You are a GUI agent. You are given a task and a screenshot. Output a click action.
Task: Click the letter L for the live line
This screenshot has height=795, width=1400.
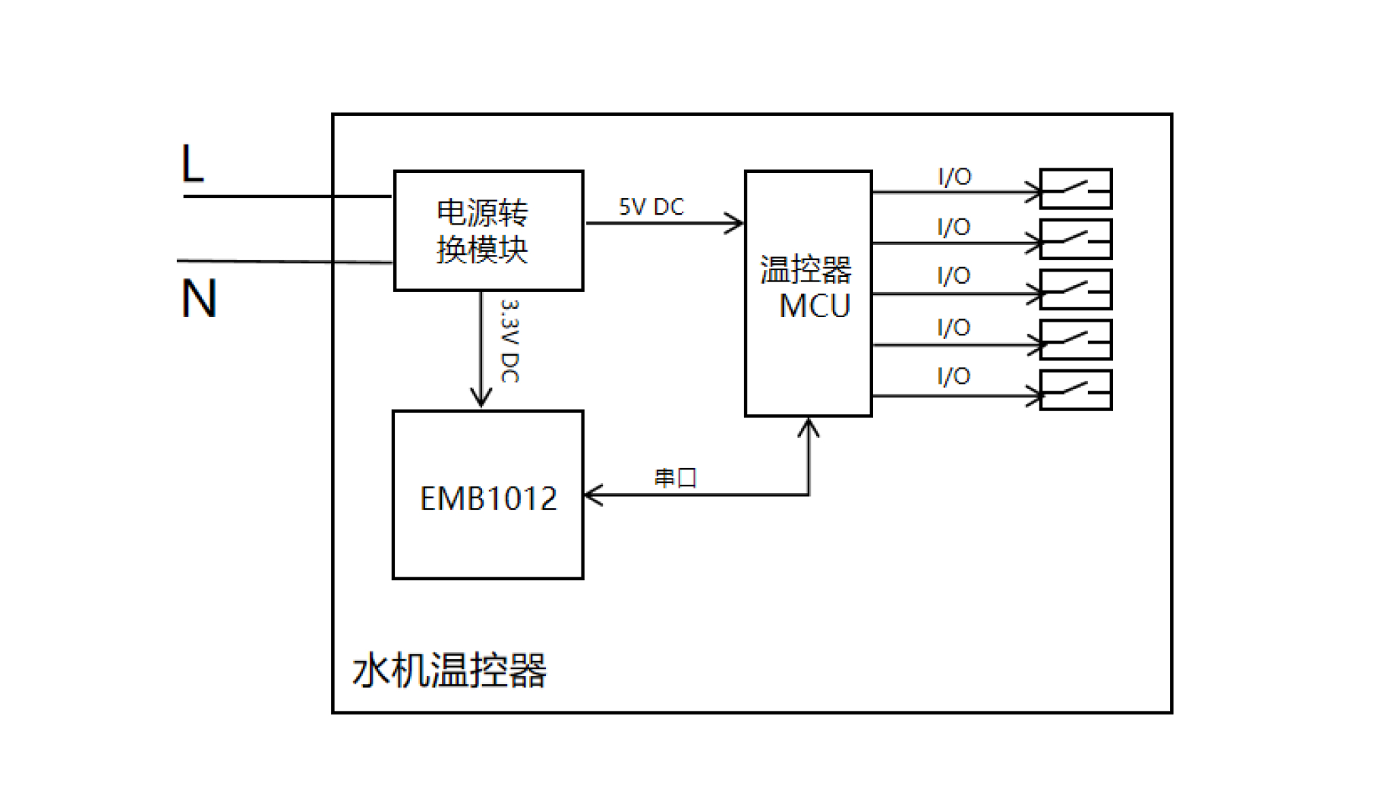point(193,163)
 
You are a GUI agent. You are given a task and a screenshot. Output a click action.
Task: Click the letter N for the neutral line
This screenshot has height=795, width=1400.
point(199,298)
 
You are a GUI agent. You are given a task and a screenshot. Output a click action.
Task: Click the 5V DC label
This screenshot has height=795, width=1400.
point(651,207)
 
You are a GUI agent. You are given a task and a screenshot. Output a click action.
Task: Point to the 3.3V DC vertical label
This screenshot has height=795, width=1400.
point(510,341)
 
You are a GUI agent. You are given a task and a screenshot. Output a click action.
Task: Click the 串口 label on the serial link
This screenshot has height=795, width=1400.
point(675,478)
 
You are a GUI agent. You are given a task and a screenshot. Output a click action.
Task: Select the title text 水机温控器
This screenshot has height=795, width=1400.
point(449,670)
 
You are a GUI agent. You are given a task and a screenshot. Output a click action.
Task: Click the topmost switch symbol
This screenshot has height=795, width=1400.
point(1076,189)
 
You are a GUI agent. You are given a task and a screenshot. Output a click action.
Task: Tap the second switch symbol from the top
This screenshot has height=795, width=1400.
point(1076,239)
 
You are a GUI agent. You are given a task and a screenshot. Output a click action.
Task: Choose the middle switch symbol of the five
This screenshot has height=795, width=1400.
point(1076,290)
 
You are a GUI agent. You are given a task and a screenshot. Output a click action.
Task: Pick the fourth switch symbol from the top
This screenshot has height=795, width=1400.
point(1076,340)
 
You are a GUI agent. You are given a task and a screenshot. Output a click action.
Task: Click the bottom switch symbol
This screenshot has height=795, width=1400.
point(1076,390)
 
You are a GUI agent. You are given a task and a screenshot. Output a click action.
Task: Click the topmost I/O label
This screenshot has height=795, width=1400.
point(954,177)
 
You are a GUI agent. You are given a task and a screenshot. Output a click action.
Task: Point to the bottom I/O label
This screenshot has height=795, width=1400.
point(954,376)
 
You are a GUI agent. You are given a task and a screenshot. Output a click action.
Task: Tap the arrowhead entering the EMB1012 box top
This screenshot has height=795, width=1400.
point(481,397)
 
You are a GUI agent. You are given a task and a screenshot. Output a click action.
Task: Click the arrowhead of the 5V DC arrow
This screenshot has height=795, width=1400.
point(734,223)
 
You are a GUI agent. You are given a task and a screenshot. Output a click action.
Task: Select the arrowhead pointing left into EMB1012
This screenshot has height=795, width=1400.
point(594,495)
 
